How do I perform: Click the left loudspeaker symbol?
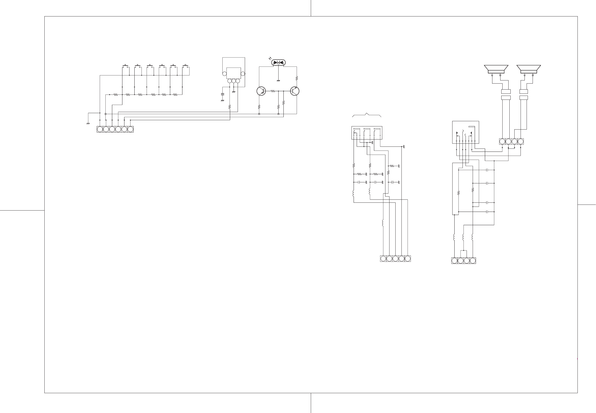click(496, 69)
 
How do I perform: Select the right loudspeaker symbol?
click(529, 69)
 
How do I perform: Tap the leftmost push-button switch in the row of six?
click(126, 66)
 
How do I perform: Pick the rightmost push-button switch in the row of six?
click(186, 66)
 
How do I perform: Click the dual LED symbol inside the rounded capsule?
click(278, 63)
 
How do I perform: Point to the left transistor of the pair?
click(261, 91)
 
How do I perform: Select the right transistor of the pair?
click(295, 91)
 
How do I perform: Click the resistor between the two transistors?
click(273, 91)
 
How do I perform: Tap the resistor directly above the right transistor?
click(297, 78)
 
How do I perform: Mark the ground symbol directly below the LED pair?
click(278, 81)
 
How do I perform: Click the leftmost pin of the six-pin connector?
click(100, 129)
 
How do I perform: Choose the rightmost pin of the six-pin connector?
click(130, 129)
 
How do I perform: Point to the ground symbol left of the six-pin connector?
click(88, 123)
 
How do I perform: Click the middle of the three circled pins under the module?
click(234, 81)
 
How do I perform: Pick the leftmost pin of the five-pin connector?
click(383, 259)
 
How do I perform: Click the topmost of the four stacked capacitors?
click(487, 170)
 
